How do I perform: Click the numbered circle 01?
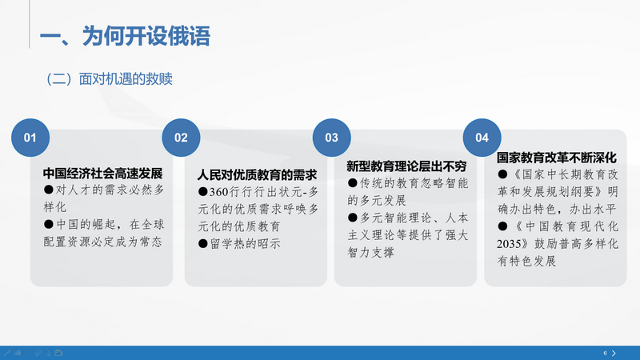pyautogui.click(x=30, y=138)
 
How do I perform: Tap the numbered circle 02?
pyautogui.click(x=181, y=138)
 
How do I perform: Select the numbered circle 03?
pyautogui.click(x=331, y=138)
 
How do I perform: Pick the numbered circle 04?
pyautogui.click(x=482, y=138)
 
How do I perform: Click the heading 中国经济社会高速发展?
pyautogui.click(x=102, y=174)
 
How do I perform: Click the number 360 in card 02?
pyautogui.click(x=218, y=192)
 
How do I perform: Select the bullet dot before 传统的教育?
pyautogui.click(x=354, y=183)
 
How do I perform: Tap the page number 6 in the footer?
pyautogui.click(x=605, y=353)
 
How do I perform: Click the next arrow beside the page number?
pyautogui.click(x=614, y=353)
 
